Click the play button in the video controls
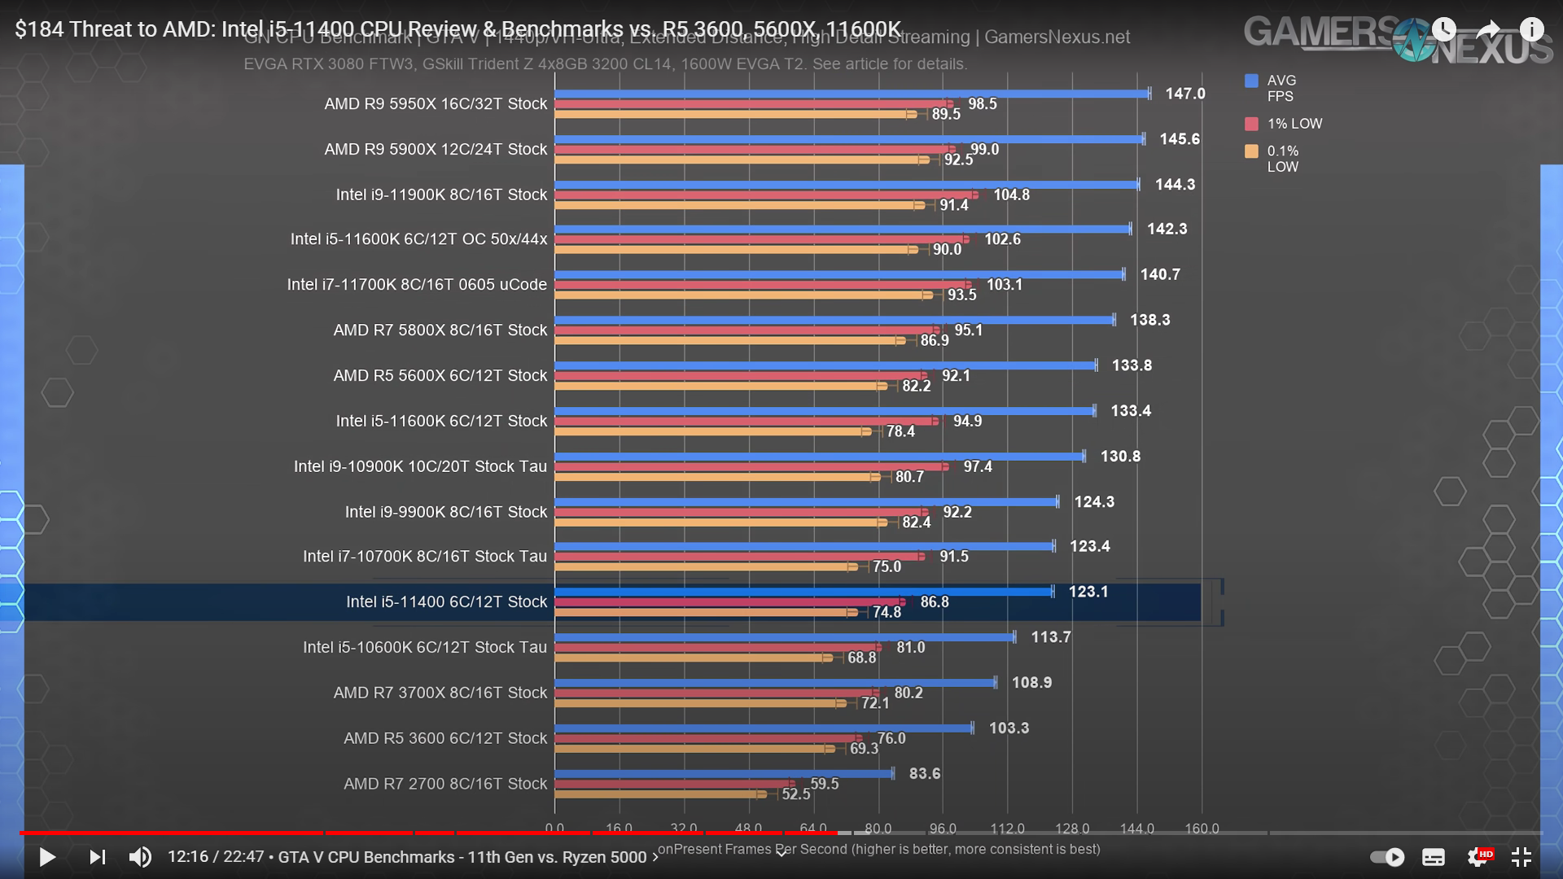pyautogui.click(x=47, y=857)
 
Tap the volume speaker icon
pyautogui.click(x=140, y=857)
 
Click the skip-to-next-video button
pyautogui.click(x=97, y=857)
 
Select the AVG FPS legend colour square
pyautogui.click(x=1251, y=81)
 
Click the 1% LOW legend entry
pyautogui.click(x=1294, y=124)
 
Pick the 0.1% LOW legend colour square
pyautogui.click(x=1251, y=151)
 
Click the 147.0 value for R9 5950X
pyautogui.click(x=1184, y=94)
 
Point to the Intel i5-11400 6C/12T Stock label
pyautogui.click(x=446, y=601)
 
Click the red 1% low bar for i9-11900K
pyautogui.click(x=765, y=195)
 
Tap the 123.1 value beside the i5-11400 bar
pyautogui.click(x=1088, y=592)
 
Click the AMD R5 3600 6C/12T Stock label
pyautogui.click(x=444, y=738)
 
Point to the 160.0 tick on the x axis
pyautogui.click(x=1202, y=829)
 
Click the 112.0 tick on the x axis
pyautogui.click(x=1007, y=829)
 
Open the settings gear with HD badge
pyautogui.click(x=1478, y=857)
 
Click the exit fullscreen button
pyautogui.click(x=1521, y=857)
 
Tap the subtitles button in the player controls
pyautogui.click(x=1434, y=857)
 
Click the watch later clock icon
pyautogui.click(x=1443, y=30)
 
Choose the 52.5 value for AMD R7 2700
pyautogui.click(x=795, y=794)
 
